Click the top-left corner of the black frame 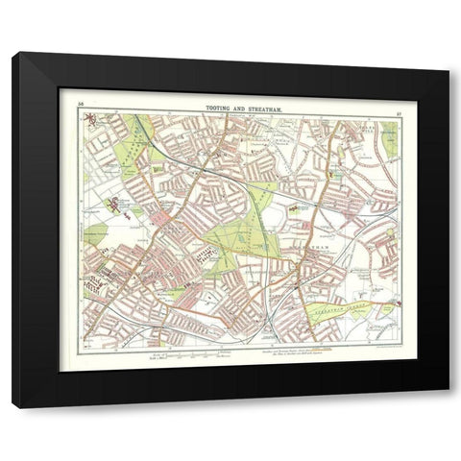(x=14, y=55)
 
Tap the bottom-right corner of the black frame (x=447, y=406)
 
